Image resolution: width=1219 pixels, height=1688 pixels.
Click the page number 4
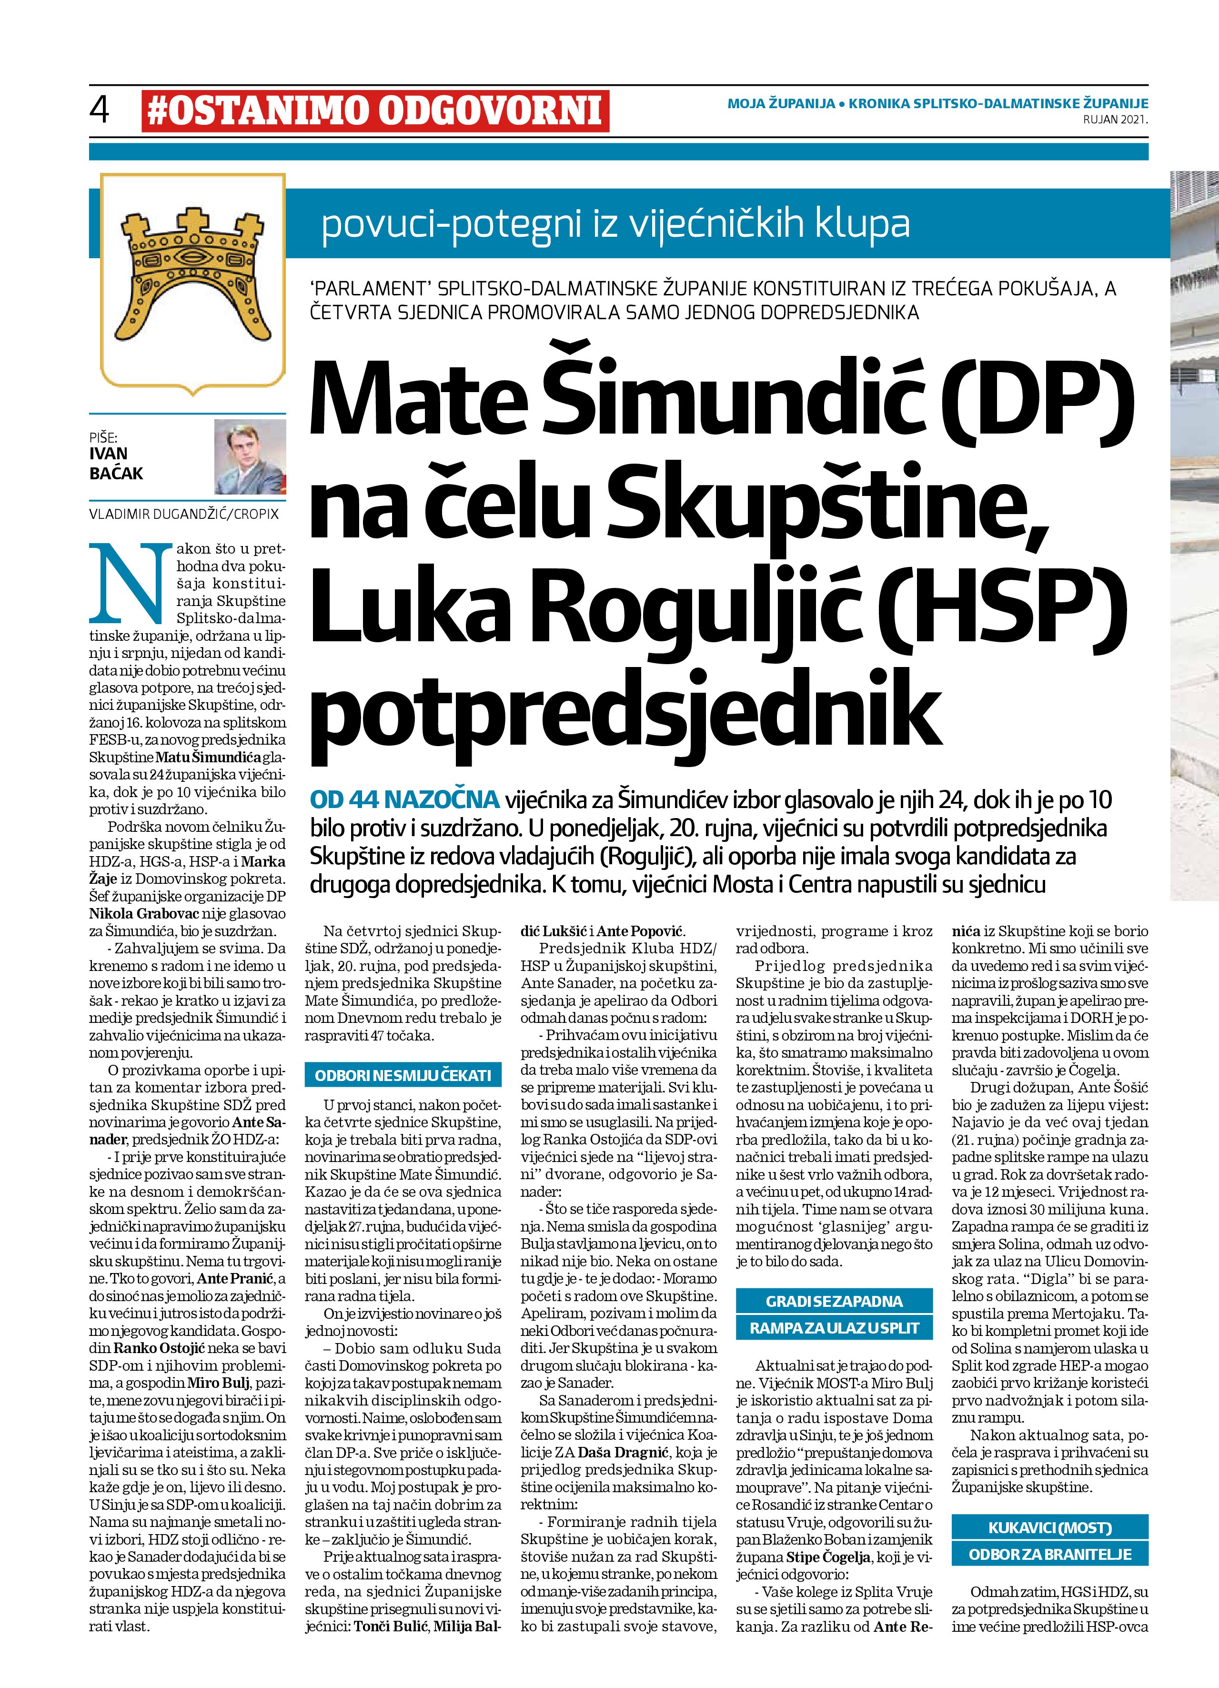pyautogui.click(x=99, y=110)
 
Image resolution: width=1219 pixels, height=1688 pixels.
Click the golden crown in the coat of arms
pyautogui.click(x=193, y=274)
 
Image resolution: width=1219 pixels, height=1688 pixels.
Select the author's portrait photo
pyautogui.click(x=250, y=456)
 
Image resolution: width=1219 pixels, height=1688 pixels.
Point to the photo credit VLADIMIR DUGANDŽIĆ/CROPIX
pyautogui.click(x=184, y=514)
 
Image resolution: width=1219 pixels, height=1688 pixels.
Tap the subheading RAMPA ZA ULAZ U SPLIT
pyautogui.click(x=834, y=1328)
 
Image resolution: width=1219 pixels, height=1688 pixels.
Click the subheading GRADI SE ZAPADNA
pyautogui.click(x=834, y=1302)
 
